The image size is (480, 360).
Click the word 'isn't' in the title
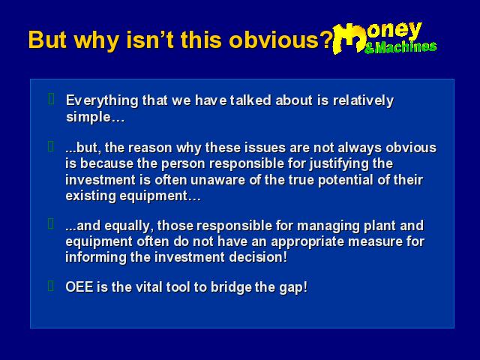click(x=151, y=40)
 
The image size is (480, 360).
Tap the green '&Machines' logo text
click(x=400, y=47)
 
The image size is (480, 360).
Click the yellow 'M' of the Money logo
click(x=349, y=38)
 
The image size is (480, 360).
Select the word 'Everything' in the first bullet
click(x=102, y=101)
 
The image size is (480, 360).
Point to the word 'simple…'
click(x=95, y=117)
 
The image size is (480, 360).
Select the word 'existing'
click(x=90, y=196)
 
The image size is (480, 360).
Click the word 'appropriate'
click(x=307, y=241)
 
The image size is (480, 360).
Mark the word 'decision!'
click(x=258, y=257)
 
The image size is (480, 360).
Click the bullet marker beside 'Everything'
click(x=51, y=99)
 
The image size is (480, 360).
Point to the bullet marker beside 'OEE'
click(x=51, y=286)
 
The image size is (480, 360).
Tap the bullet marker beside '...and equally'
click(x=51, y=223)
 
